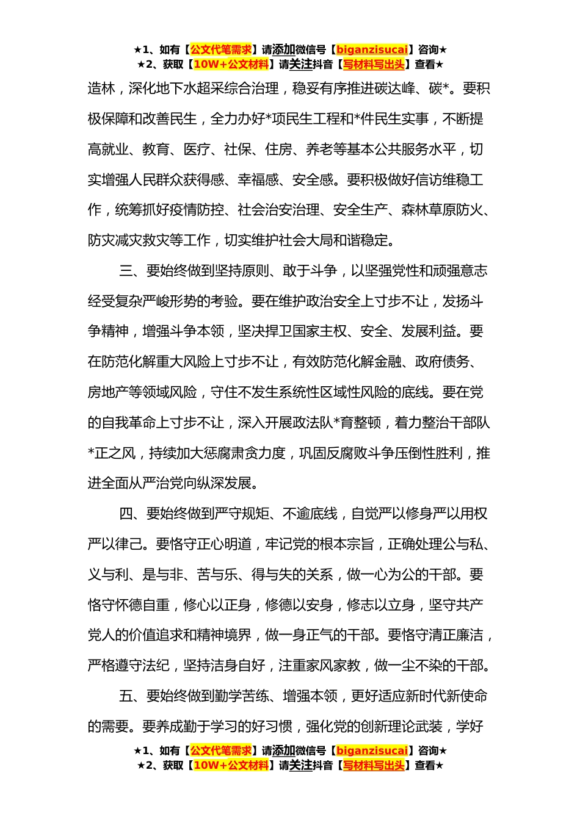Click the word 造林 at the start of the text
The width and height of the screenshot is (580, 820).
[x=101, y=88]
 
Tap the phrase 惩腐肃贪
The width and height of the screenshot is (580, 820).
[x=231, y=453]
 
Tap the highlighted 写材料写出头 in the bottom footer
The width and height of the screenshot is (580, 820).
[x=374, y=766]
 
